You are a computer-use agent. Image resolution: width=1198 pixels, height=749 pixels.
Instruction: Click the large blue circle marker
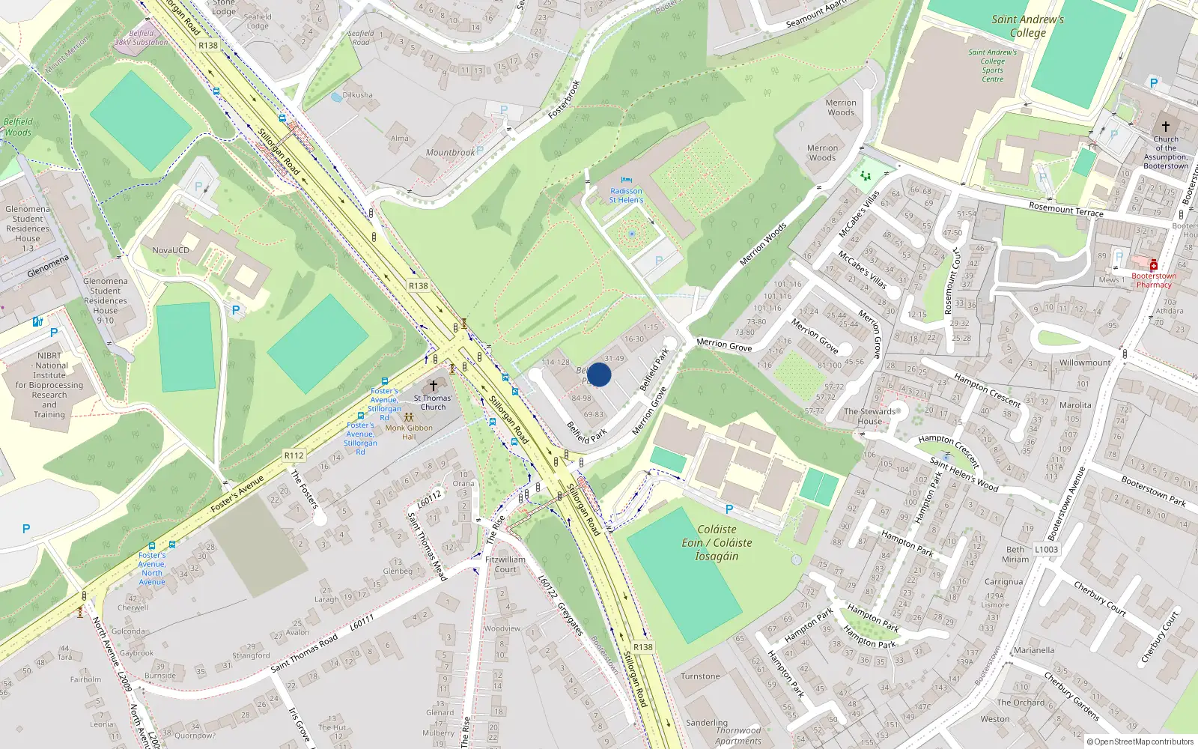[599, 374]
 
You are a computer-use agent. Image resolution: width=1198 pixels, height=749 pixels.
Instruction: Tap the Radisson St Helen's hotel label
[626, 195]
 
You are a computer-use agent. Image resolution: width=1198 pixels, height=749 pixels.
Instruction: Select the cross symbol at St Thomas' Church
[433, 386]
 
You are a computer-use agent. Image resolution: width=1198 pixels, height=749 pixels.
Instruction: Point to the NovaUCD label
[171, 250]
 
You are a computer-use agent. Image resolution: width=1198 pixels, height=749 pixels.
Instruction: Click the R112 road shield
[294, 455]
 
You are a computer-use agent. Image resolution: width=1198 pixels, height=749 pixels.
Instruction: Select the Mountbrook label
[450, 153]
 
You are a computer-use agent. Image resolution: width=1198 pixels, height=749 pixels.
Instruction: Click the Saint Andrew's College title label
[1027, 26]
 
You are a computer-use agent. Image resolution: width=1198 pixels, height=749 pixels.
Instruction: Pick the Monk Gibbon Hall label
[409, 432]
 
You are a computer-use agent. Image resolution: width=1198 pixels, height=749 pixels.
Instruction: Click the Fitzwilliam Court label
[505, 564]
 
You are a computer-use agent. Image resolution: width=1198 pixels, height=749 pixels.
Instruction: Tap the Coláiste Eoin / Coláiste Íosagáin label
[717, 542]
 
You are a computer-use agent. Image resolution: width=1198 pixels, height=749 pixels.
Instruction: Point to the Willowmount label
[1085, 363]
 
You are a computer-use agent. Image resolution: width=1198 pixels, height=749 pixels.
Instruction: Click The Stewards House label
[869, 416]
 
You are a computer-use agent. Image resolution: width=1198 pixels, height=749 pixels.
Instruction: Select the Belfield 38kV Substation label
[141, 37]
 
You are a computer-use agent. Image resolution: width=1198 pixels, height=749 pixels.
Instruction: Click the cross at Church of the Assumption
[1165, 127]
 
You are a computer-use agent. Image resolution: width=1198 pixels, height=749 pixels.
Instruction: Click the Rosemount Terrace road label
[1065, 209]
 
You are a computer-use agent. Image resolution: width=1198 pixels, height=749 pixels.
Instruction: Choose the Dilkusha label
[357, 95]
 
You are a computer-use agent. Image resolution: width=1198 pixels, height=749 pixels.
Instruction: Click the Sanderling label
[707, 723]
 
